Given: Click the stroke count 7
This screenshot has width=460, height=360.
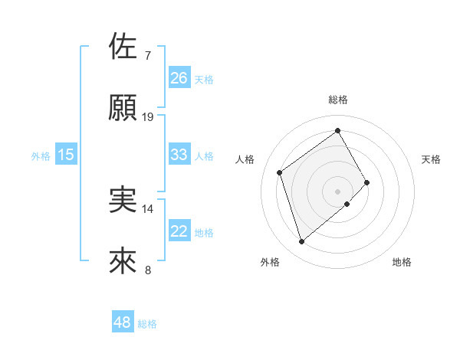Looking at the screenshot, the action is coord(147,56).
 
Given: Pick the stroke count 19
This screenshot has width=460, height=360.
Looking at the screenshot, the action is coord(148,117).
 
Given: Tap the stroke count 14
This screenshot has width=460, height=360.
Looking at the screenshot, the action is coord(148,208).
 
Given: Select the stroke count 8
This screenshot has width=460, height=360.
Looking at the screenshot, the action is coord(147,270).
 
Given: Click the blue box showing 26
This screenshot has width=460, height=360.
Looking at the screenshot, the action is coord(179,78).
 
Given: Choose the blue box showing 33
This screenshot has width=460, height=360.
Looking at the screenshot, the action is coord(179,155).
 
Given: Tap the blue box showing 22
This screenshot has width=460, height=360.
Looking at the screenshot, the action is coord(179,231).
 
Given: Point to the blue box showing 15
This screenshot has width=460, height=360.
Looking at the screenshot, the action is coord(66,155).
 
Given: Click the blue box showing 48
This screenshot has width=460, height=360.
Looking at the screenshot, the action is coord(123,323).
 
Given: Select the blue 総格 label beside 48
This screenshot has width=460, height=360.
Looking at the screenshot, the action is coord(147,324).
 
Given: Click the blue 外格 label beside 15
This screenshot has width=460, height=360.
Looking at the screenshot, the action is coord(41,155).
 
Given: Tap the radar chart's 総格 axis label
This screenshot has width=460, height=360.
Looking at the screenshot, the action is coord(338,100).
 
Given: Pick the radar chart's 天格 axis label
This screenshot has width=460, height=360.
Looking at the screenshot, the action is coord(432,159).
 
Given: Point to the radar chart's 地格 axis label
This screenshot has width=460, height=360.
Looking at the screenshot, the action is coord(402,262).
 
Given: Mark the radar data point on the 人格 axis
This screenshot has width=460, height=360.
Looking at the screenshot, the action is coord(280,172).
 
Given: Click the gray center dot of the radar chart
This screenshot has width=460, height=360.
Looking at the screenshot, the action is coord(338,190).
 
